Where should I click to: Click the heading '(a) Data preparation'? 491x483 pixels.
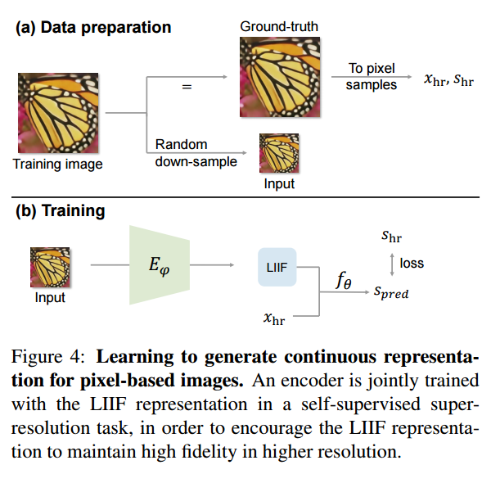click(93, 27)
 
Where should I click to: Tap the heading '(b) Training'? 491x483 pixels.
click(61, 210)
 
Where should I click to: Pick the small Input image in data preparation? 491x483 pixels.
click(279, 153)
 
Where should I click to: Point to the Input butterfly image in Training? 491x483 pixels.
click(50, 267)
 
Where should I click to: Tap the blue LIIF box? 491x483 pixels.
click(277, 266)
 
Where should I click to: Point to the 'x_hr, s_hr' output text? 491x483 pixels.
click(448, 79)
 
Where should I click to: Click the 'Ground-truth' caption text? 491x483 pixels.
click(278, 27)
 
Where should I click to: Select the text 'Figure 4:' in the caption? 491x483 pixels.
click(52, 358)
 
